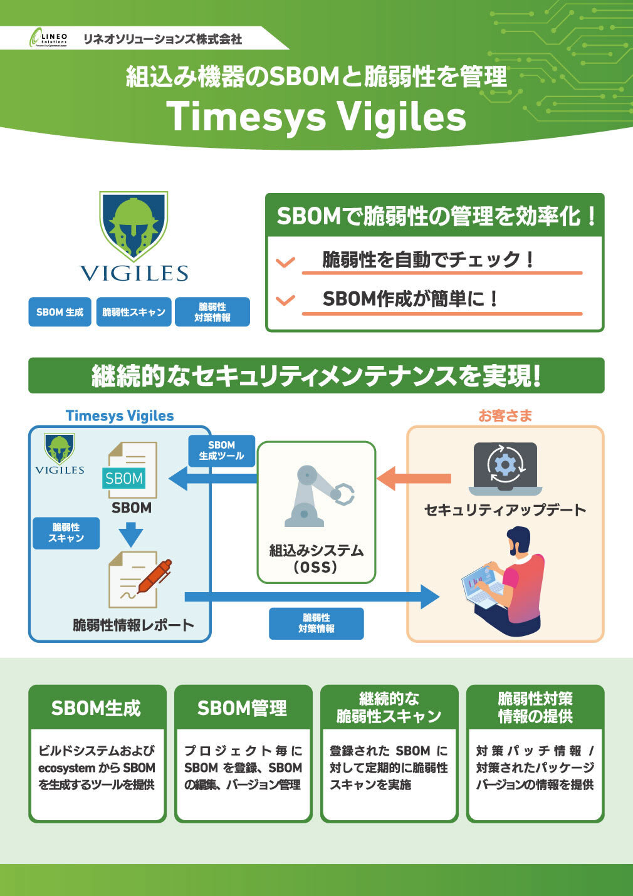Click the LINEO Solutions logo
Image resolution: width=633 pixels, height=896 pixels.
tap(48, 39)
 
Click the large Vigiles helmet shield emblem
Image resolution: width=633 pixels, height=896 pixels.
tap(133, 225)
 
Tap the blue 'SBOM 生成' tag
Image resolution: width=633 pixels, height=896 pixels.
tap(60, 312)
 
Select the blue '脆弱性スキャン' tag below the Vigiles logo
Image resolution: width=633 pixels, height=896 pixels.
tap(133, 312)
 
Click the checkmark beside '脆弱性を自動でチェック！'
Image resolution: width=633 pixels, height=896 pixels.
tap(286, 261)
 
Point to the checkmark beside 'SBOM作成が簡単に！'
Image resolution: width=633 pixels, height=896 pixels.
tap(286, 300)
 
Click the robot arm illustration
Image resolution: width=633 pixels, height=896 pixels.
tap(318, 495)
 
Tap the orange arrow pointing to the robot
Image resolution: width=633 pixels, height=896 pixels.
tap(414, 478)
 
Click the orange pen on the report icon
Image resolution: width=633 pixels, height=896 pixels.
tap(154, 576)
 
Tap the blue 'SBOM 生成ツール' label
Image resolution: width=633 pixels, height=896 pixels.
tap(221, 451)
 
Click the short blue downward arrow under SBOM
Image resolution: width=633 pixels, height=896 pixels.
tap(131, 534)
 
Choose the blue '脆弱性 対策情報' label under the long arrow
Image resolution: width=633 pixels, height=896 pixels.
tap(316, 623)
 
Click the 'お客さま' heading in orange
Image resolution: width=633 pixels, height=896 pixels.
tap(505, 415)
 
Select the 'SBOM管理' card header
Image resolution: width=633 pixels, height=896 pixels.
tap(243, 708)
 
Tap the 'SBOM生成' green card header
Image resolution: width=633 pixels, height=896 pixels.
tap(97, 708)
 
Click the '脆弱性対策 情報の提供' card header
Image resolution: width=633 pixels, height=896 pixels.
tap(535, 707)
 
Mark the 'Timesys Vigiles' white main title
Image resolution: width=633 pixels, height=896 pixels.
tap(316, 117)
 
